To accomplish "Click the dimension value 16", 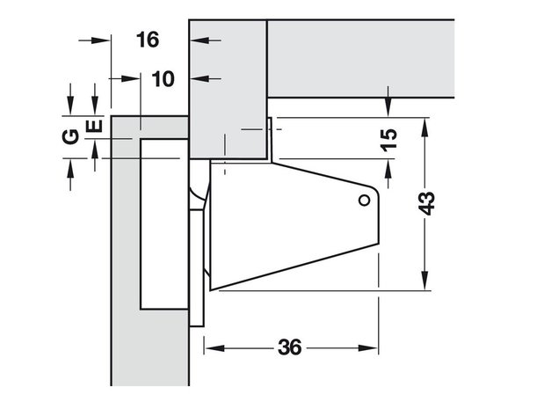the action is click(148, 40).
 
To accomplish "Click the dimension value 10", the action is click(163, 79).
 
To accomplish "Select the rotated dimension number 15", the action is click(389, 140).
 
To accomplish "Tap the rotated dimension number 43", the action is click(426, 203).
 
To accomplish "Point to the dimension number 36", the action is click(290, 347).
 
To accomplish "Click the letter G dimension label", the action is click(70, 136).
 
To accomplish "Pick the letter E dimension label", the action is click(94, 126).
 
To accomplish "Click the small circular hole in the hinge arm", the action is click(365, 201).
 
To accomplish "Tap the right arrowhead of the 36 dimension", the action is click(368, 348).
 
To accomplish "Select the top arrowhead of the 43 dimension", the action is click(424, 128).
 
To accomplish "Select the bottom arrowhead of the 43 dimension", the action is click(424, 280).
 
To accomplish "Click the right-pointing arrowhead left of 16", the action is click(100, 40).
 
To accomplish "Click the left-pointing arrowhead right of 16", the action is click(200, 40).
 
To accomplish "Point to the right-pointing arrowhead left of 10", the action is click(131, 79).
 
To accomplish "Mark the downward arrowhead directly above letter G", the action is click(70, 106).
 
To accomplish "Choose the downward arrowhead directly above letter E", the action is click(94, 106).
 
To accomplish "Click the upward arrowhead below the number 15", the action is click(388, 169).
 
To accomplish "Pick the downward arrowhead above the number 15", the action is click(388, 107).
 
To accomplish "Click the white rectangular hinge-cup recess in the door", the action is click(164, 224).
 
